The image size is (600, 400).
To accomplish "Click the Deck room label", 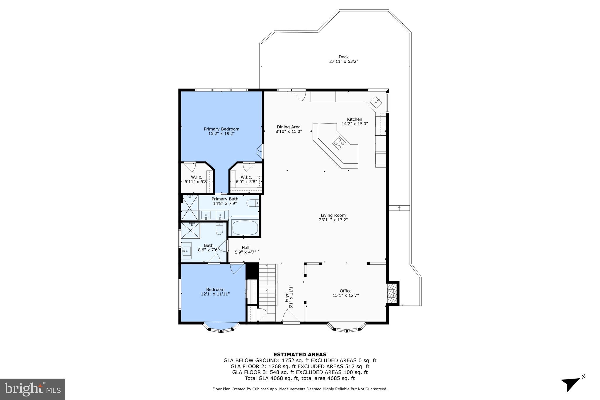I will pos(343,57).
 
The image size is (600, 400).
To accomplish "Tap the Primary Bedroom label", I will pos(221,129).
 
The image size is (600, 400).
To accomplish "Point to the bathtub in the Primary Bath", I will pos(245,228).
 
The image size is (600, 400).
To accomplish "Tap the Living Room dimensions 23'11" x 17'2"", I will pos(333,220).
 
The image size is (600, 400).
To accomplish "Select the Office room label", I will pos(346,291).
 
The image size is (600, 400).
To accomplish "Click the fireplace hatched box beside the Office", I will pos(391,293).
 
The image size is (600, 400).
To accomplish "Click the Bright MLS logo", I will pos(33,389).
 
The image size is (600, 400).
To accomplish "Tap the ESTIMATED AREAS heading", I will pos(300,355).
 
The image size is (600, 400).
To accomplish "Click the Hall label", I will pos(246,248).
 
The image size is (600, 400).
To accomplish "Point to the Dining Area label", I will pos(289,127).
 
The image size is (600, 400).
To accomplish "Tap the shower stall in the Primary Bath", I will pos(190,207).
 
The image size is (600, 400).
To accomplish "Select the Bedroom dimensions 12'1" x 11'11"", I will pos(215,294).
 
